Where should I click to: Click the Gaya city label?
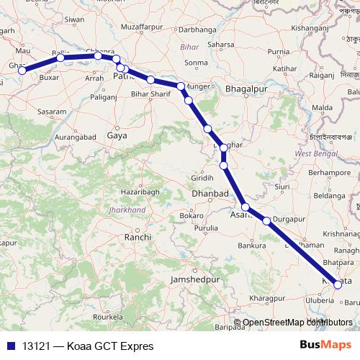click(x=117, y=135)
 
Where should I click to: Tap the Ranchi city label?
click(x=138, y=237)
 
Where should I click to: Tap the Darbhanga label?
click(x=197, y=30)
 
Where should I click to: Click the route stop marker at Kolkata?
click(x=338, y=284)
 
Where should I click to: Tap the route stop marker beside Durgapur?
click(x=267, y=221)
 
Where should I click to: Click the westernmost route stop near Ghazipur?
click(x=22, y=71)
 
